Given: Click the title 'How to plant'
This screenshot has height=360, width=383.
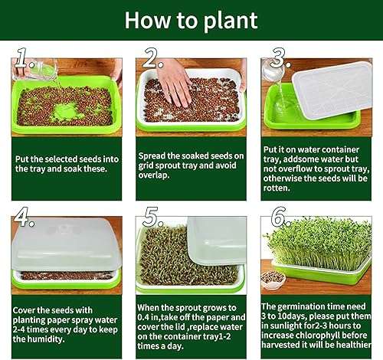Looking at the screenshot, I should [x=191, y=20].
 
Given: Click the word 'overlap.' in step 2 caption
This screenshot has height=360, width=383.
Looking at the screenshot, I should [x=158, y=174].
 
